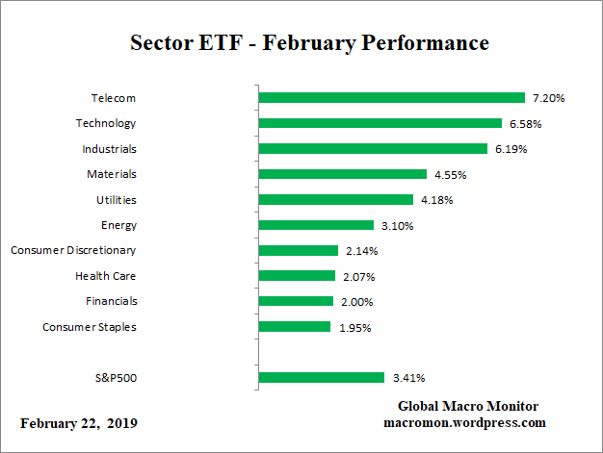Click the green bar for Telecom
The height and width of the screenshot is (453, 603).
(x=392, y=98)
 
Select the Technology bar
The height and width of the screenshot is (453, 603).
(x=380, y=123)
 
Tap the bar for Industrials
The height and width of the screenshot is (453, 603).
(x=374, y=149)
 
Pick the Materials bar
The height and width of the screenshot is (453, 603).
(x=343, y=174)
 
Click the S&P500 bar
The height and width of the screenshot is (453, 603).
(x=322, y=378)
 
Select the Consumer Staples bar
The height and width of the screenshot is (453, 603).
(x=295, y=327)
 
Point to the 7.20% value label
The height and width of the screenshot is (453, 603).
(x=545, y=98)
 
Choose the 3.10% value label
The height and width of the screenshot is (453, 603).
(x=393, y=225)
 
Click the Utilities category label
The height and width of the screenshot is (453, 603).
(x=117, y=199)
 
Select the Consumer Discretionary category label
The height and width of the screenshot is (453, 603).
(x=73, y=250)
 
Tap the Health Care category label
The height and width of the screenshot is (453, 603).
(x=106, y=275)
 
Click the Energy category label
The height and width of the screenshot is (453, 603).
(x=118, y=225)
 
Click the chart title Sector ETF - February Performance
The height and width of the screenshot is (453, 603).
(x=309, y=43)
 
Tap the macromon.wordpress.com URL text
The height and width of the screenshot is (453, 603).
(x=465, y=422)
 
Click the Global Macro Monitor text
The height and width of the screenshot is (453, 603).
(x=468, y=406)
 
